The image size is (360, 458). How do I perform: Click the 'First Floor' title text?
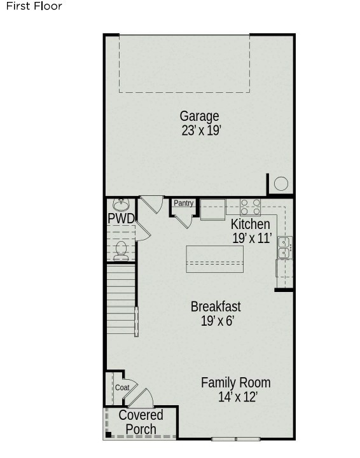click(x=34, y=6)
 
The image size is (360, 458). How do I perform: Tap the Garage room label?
click(x=200, y=116)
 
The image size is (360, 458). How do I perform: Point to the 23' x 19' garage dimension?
click(x=201, y=130)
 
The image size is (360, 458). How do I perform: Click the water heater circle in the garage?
click(x=281, y=184)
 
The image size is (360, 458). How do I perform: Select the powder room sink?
click(x=121, y=205)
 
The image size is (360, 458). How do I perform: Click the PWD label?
click(x=121, y=218)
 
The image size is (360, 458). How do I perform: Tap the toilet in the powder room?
click(x=121, y=251)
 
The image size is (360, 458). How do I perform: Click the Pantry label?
click(x=183, y=203)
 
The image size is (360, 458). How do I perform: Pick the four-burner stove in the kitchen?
click(x=250, y=207)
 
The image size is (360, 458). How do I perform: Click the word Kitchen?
click(x=250, y=225)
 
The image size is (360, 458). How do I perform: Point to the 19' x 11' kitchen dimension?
click(x=253, y=238)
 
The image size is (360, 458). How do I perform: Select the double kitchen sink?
click(x=285, y=247)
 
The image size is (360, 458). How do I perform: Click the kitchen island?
click(x=215, y=259)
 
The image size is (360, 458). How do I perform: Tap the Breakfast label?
click(x=216, y=307)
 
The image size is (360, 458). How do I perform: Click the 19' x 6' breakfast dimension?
click(x=218, y=321)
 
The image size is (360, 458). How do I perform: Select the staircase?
click(x=121, y=299)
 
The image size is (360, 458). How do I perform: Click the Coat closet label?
click(x=122, y=387)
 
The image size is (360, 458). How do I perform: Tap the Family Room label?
click(x=235, y=383)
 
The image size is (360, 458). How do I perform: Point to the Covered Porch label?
click(x=141, y=422)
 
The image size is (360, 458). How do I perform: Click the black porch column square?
click(x=108, y=435)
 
